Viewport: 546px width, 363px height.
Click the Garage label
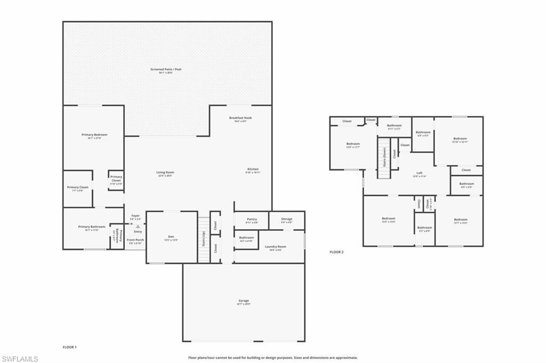tap(244, 301)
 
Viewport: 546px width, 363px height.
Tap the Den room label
tap(171, 238)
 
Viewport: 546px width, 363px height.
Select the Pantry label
tap(252, 219)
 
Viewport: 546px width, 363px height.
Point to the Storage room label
tap(287, 219)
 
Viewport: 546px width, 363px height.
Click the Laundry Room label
tap(276, 247)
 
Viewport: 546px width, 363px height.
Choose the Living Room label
tap(165, 173)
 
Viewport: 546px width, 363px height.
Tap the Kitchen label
tap(252, 170)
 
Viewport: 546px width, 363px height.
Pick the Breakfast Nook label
tap(240, 118)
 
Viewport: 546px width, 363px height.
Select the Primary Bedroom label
tap(94, 135)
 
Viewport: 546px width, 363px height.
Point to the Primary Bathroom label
tap(89, 227)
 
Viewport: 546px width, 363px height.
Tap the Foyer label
tap(135, 216)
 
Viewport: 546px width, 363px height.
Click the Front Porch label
tap(135, 240)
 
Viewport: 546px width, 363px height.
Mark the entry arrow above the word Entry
tap(138, 227)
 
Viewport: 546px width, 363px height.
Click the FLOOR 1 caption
tap(70, 347)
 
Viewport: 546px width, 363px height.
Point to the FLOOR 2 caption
tap(336, 252)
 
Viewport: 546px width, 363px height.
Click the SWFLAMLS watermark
tap(20, 359)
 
